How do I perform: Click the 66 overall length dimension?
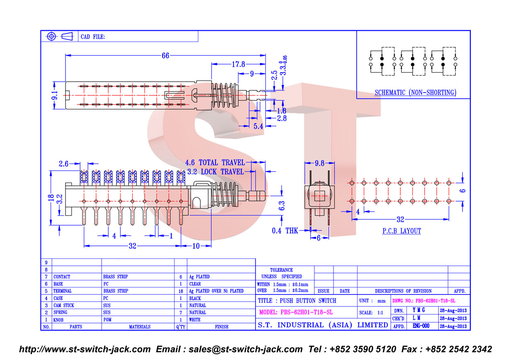[165, 56]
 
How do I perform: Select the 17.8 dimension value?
[238, 64]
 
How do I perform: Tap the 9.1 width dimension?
[55, 95]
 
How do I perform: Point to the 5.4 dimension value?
[258, 126]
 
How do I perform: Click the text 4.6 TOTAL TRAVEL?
[215, 163]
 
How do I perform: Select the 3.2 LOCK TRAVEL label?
[215, 172]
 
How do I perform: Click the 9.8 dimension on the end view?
[319, 163]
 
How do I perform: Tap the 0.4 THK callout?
[285, 231]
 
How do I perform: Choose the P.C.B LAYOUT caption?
[401, 231]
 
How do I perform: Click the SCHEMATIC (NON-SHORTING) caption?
[416, 92]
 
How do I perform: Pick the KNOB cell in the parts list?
[58, 320]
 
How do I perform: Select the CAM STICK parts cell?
[63, 306]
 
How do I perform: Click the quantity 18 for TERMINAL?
[181, 291]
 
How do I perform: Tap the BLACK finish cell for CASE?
[195, 298]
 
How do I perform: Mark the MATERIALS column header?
[140, 327]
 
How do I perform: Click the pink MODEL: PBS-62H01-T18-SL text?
[296, 312]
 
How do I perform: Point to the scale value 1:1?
[380, 313]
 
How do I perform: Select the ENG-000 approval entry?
[421, 326]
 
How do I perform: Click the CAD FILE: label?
[92, 37]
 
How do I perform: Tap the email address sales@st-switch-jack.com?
[246, 349]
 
